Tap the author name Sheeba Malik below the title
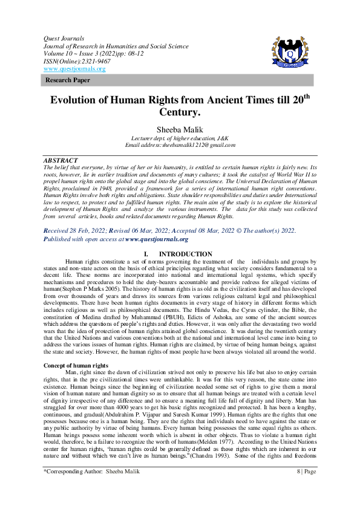click(180, 129)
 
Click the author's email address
click(180, 145)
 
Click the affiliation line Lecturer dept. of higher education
click(180, 138)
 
